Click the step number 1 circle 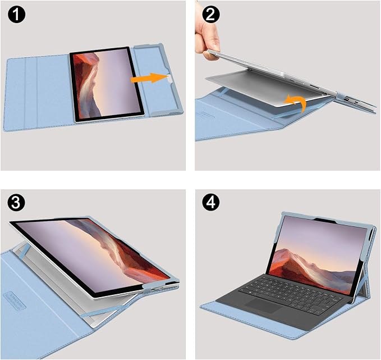[16, 15]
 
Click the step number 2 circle [210, 15]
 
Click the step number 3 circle [16, 202]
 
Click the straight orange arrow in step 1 [149, 78]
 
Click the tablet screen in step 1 [107, 84]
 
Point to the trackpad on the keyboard [263, 306]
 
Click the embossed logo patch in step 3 [15, 300]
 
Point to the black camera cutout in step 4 [325, 220]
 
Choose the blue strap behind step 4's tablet [361, 284]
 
